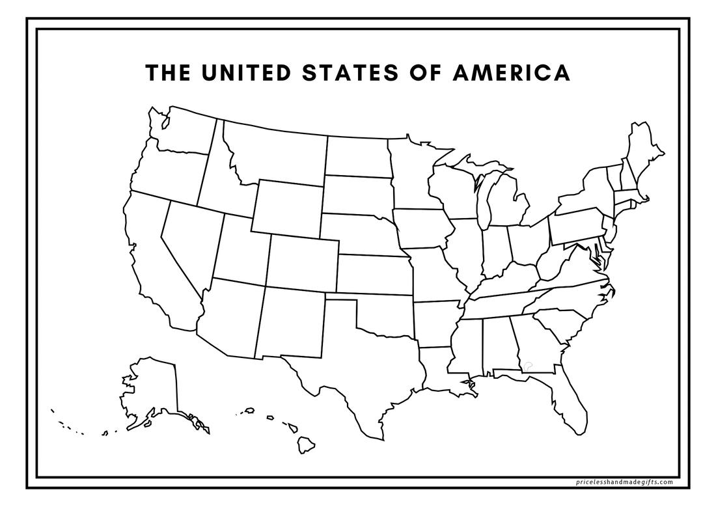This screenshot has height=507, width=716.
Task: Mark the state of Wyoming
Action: pos(288,207)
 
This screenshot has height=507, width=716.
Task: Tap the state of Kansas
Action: pos(373,274)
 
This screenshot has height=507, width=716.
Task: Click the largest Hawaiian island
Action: pos(305,445)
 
